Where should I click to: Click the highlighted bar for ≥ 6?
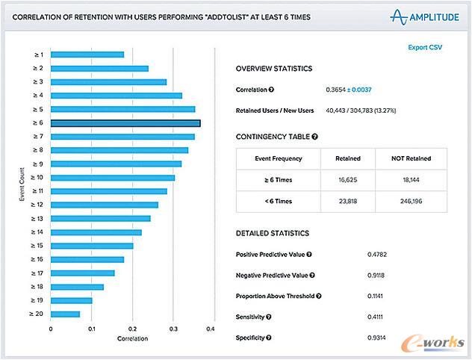(x=125, y=123)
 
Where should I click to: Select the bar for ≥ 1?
(x=87, y=55)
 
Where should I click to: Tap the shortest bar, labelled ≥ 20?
(x=65, y=314)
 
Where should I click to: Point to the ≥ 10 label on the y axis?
(x=38, y=178)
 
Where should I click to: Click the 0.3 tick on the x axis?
(x=173, y=329)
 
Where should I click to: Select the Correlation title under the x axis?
(x=132, y=339)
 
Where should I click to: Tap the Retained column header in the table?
(x=348, y=158)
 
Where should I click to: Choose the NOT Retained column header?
(x=412, y=158)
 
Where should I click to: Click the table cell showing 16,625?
(x=348, y=179)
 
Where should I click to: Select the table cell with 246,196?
(x=412, y=201)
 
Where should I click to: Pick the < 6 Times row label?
(x=278, y=201)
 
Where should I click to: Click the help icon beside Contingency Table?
(x=314, y=137)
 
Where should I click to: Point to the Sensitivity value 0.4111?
(x=377, y=317)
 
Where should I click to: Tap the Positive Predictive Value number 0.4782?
(x=377, y=255)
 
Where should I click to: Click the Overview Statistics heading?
(x=274, y=69)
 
